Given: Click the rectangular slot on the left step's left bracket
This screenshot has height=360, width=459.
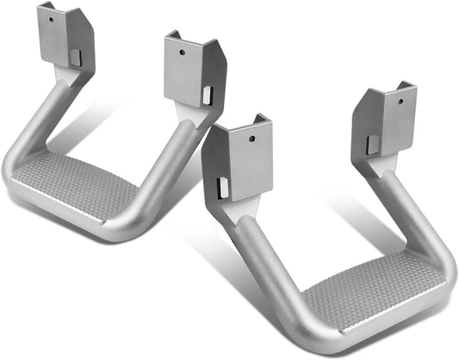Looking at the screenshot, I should [x=74, y=58].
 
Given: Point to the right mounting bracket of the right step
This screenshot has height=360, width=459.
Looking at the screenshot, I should [x=387, y=121].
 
